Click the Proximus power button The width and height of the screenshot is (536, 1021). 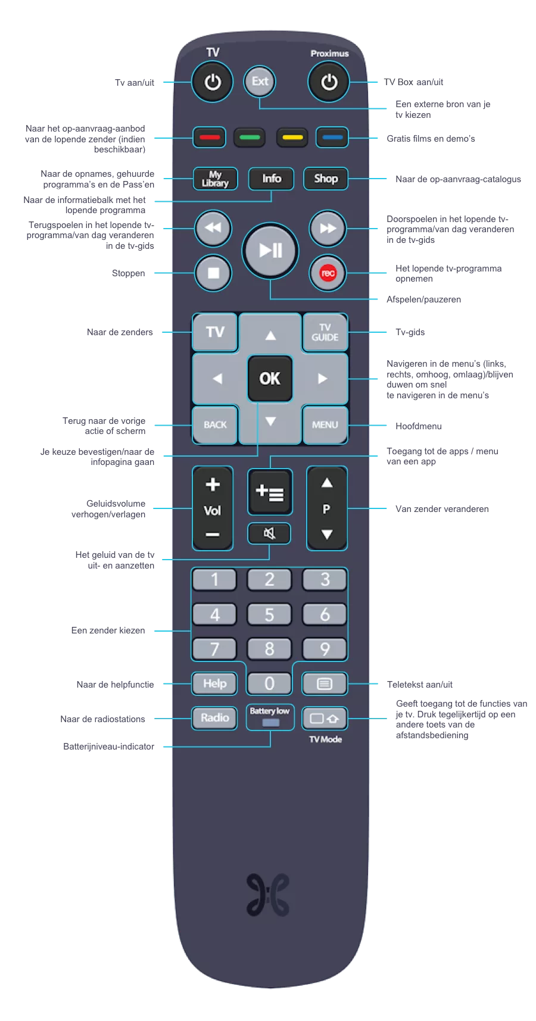point(329,82)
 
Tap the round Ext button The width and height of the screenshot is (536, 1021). point(260,82)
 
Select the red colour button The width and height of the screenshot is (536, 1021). point(209,138)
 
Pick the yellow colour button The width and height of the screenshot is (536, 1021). point(292,138)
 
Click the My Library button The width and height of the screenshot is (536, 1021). point(215,179)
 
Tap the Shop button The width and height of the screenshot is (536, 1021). point(326,179)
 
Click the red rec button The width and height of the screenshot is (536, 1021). point(328,273)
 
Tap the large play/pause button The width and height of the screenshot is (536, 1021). point(270,251)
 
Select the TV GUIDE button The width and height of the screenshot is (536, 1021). point(325,332)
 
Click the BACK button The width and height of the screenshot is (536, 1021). point(215,424)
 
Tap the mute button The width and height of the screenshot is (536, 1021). point(269,533)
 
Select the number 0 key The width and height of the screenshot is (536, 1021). point(269,683)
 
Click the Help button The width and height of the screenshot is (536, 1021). point(214,683)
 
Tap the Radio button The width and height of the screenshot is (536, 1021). point(214,718)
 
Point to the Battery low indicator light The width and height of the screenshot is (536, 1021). point(270,723)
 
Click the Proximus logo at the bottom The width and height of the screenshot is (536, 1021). point(269,895)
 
